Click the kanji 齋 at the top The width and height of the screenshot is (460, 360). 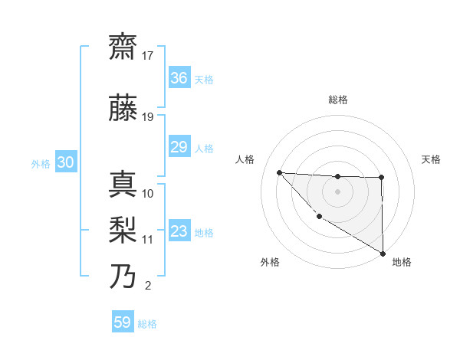123,47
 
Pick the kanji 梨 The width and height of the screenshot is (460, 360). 123,229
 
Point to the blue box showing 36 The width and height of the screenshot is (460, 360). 179,78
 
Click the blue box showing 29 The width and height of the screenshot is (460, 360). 179,147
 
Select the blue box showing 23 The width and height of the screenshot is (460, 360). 179,231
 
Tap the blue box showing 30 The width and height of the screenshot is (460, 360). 65,162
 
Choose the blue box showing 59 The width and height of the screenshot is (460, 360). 123,322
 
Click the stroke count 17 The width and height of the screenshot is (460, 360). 148,56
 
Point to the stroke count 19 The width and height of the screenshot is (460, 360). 148,117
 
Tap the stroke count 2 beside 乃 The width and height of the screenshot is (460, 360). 148,286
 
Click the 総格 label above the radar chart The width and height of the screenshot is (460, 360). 337,100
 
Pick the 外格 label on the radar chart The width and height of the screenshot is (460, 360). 270,262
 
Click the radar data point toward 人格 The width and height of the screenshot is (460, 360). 279,172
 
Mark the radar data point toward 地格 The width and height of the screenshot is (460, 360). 383,254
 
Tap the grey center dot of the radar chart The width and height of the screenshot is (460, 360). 337,191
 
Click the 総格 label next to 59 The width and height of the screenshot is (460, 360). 147,324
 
